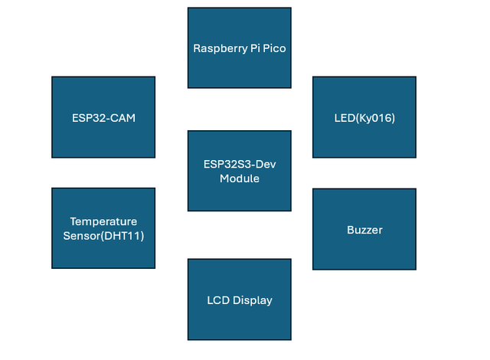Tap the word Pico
coord(273,48)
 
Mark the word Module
coord(240,178)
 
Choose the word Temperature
coord(103,221)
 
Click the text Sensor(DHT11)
coord(103,235)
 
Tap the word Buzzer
coord(364,230)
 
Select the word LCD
coord(218,300)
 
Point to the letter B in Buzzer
coord(349,230)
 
